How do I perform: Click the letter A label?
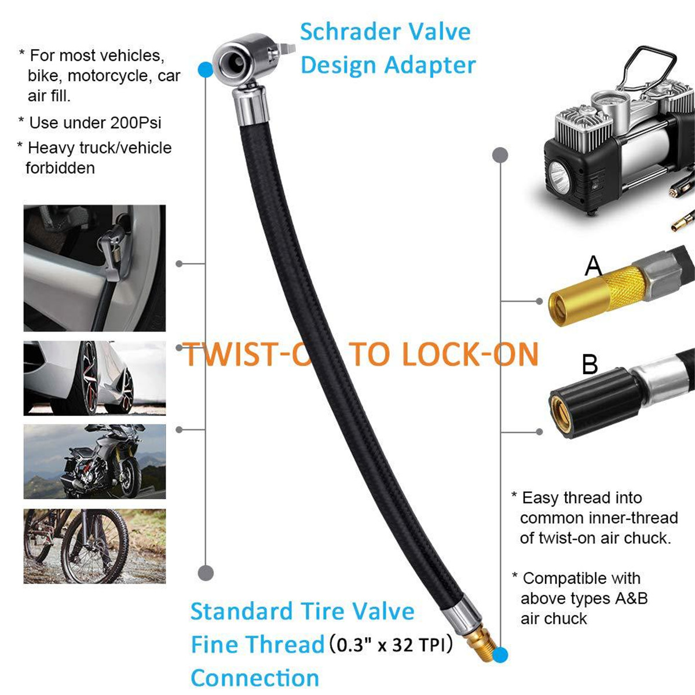point(593,266)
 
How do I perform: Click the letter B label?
point(590,365)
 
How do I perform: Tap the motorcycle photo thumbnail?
point(94,461)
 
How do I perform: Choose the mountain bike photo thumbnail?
point(94,546)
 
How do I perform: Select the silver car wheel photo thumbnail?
point(94,378)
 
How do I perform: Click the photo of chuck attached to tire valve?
point(94,268)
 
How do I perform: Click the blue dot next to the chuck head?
point(205,70)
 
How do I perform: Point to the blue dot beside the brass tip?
point(500,655)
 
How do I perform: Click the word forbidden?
point(60,168)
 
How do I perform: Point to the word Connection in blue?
point(255,678)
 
